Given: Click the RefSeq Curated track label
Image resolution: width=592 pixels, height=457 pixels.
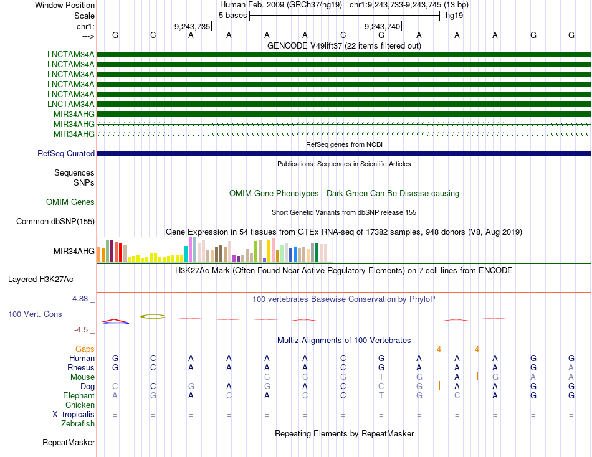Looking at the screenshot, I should [x=66, y=153].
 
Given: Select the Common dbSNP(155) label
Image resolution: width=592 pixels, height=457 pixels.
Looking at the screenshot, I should [x=55, y=221].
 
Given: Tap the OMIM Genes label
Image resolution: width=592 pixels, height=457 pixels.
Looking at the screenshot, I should [x=70, y=202].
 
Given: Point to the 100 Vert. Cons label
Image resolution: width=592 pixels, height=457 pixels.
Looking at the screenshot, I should [x=35, y=314].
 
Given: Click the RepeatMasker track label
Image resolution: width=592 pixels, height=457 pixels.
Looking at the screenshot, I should [x=69, y=442].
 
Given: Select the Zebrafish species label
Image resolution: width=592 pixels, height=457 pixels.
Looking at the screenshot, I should [x=78, y=423].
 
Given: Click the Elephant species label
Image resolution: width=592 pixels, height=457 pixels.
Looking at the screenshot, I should [x=79, y=395].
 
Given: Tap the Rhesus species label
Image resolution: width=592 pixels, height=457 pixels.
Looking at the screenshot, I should [x=81, y=367].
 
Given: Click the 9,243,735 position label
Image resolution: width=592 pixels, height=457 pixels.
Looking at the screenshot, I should [x=193, y=26].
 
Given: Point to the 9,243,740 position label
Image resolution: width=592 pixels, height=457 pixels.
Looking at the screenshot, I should [x=382, y=26].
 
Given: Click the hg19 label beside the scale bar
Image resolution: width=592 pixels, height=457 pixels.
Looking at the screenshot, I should [x=454, y=15].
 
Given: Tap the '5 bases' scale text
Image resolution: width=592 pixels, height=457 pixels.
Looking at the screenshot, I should [x=233, y=15].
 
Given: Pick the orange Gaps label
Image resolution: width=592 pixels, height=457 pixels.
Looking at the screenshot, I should [x=85, y=349].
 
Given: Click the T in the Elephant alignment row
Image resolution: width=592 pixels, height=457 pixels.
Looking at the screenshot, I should [x=381, y=395].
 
